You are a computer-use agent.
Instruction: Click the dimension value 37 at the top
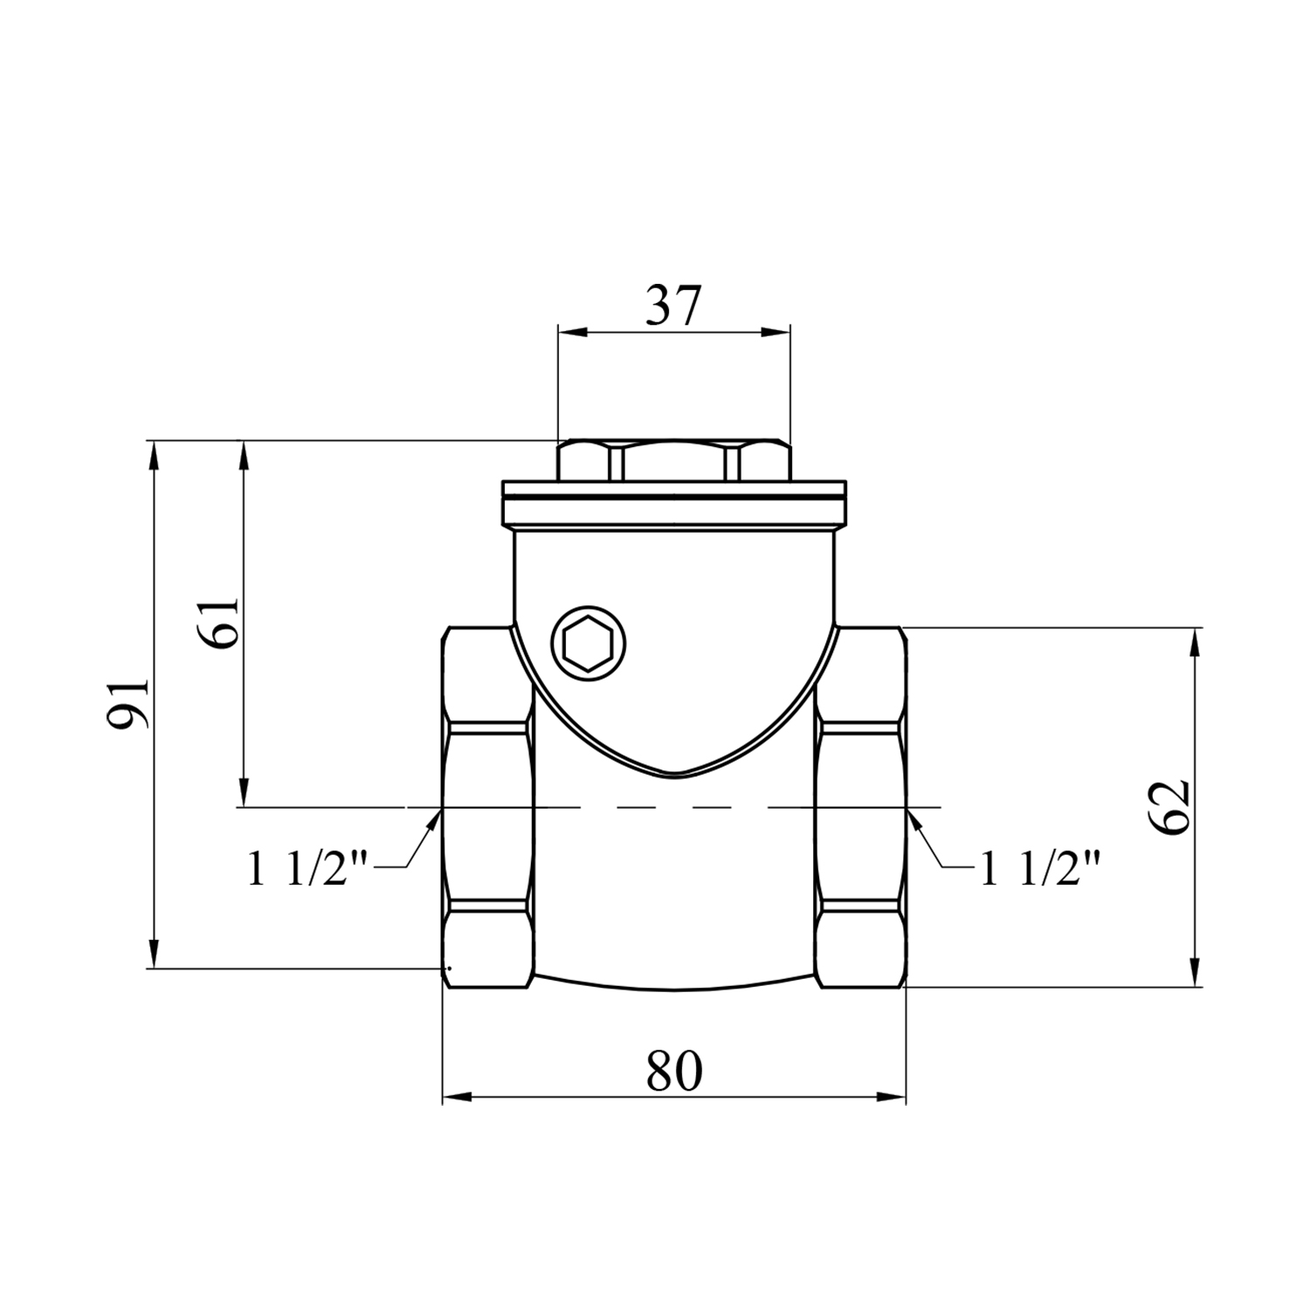pos(673,306)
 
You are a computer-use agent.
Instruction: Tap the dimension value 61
pos(222,623)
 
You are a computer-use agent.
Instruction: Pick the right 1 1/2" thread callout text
pos(1038,869)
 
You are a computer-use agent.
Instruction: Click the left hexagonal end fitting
pos(488,807)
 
